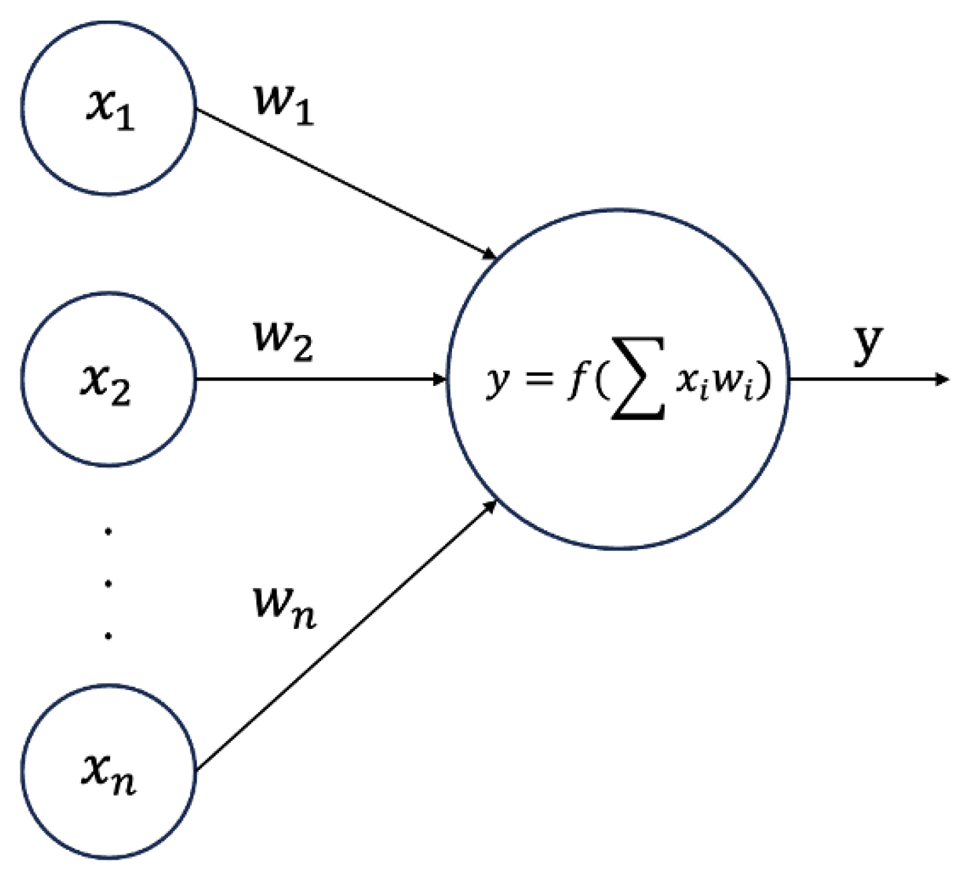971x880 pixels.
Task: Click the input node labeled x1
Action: (108, 107)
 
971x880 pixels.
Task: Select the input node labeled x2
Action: (108, 379)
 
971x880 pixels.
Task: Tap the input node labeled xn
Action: (108, 772)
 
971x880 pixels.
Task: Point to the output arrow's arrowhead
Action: (943, 379)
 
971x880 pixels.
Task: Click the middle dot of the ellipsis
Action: (108, 583)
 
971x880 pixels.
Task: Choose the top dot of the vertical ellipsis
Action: (108, 532)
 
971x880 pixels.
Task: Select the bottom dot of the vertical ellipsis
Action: (108, 635)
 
